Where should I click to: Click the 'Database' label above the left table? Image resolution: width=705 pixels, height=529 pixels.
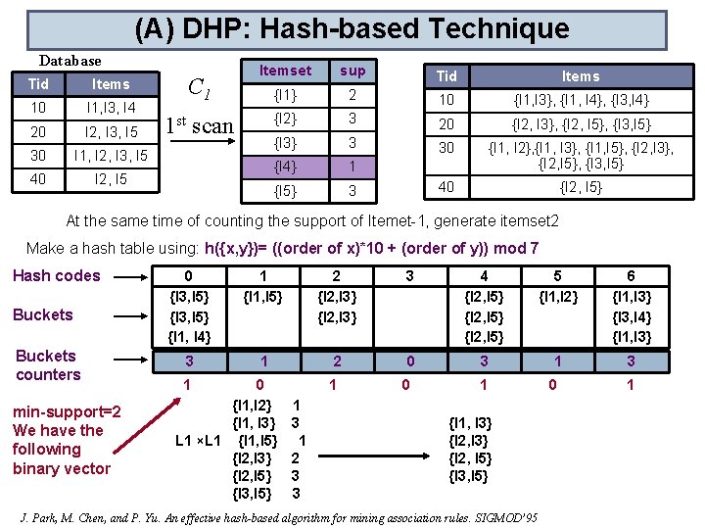point(70,61)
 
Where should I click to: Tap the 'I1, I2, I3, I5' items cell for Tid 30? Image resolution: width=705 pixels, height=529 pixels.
point(111,156)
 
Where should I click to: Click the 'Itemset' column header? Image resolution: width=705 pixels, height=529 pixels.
point(285,71)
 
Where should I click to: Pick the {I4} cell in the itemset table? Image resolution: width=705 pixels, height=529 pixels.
point(285,167)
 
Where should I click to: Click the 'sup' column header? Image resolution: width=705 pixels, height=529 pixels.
point(352,71)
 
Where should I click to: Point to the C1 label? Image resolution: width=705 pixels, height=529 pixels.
point(200,91)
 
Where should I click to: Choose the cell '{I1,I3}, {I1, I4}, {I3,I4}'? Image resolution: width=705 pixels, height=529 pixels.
point(581,100)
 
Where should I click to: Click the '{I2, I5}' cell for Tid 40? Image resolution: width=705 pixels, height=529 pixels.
point(581,187)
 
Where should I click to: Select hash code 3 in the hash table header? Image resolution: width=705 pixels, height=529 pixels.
point(410,275)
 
